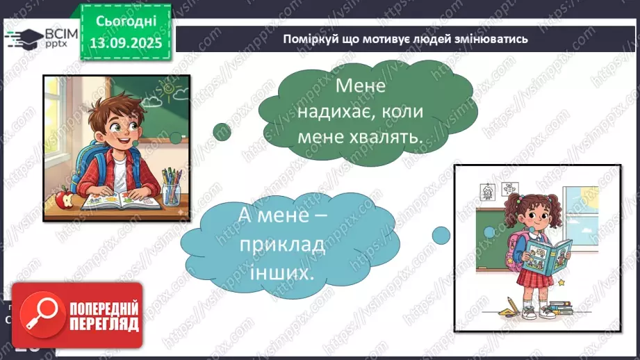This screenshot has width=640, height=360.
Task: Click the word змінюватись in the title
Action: (494, 39)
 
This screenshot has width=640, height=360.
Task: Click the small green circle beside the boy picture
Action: (222, 131)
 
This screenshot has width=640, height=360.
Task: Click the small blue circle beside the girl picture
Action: (441, 235)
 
